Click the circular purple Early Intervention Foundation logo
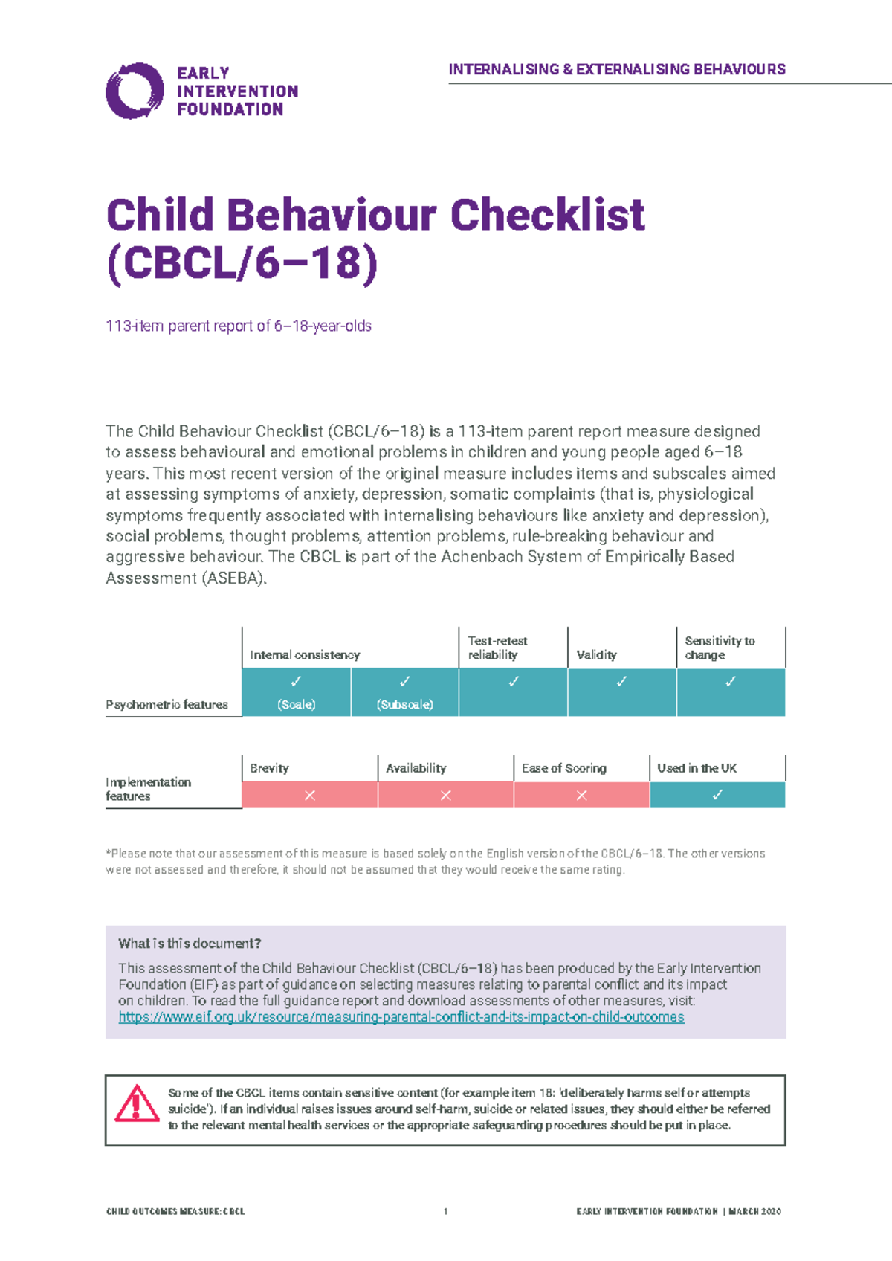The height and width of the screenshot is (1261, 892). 135,91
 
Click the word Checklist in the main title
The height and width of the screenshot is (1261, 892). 547,216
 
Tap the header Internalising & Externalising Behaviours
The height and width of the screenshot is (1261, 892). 616,69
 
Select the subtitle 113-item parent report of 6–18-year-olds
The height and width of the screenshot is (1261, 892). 239,326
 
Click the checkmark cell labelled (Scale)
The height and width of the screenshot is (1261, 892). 296,692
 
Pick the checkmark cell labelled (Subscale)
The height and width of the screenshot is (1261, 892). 404,692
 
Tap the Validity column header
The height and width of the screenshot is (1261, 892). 596,654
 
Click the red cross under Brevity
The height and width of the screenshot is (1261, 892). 310,795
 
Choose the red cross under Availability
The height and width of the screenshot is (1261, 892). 445,795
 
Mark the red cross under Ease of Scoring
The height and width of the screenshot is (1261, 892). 581,795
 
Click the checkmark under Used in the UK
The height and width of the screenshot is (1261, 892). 717,795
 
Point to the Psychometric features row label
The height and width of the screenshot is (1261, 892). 167,704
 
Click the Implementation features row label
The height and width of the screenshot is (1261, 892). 148,789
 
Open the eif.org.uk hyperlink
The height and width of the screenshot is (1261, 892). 401,1016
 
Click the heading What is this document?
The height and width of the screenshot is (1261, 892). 190,943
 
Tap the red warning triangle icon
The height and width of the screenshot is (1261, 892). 136,1104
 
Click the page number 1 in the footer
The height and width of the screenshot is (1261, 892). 445,1211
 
